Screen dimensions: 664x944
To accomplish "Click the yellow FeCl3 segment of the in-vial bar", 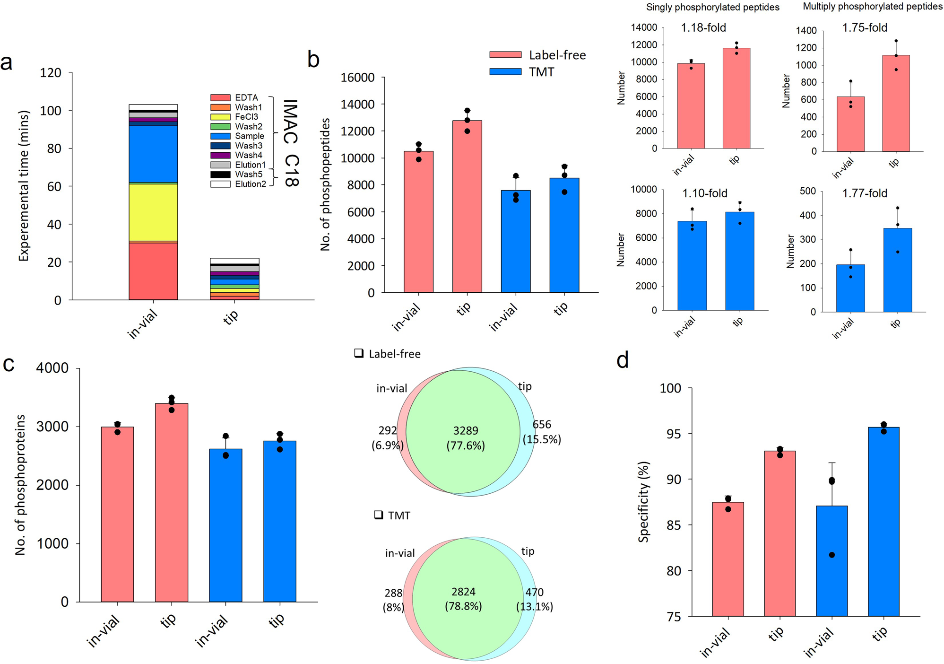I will point(153,212).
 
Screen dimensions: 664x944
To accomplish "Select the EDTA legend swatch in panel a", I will point(220,98).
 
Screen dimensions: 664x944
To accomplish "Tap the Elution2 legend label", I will point(251,184).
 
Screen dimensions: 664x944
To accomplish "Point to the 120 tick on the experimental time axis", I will point(51,73).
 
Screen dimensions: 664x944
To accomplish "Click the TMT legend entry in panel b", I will point(541,72).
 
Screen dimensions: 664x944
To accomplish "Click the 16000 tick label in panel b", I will point(357,78).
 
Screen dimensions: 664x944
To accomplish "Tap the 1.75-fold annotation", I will point(865,28).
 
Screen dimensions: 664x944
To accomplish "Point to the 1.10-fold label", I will point(704,193).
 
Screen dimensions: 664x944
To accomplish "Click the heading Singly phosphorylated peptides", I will point(713,7).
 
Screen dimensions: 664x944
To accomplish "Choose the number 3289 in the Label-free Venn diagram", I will point(466,431).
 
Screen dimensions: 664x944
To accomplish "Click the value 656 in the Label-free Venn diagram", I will point(542,425).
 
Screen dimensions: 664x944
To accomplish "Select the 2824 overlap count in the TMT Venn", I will point(463,592).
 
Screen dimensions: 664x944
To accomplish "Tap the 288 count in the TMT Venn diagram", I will point(393,593).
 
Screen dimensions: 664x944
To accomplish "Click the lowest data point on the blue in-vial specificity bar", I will point(832,555).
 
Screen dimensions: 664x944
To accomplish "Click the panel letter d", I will point(623,361).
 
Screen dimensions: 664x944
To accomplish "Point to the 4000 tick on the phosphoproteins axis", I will point(52,368).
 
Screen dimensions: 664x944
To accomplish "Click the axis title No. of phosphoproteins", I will point(20,485).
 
